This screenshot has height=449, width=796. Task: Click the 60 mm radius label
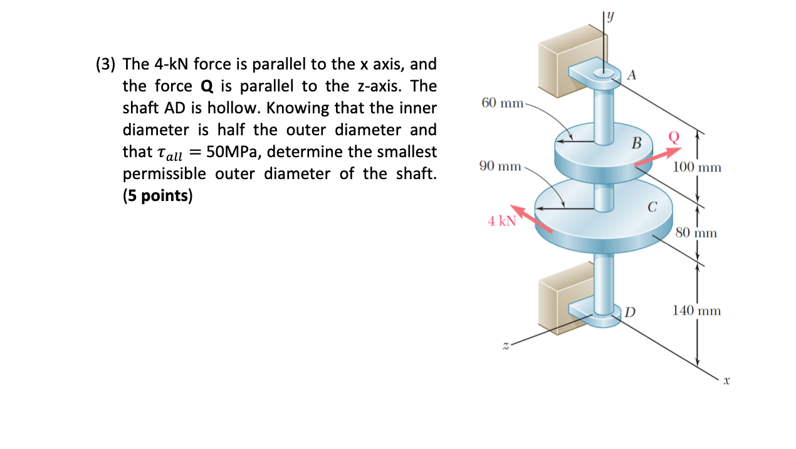pos(502,102)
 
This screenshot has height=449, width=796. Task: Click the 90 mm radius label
pos(500,166)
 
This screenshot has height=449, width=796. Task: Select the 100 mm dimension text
pos(697,167)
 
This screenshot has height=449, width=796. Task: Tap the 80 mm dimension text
pos(696,234)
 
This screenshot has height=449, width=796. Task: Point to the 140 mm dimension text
pos(697,310)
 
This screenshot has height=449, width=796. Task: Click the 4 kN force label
pos(501,220)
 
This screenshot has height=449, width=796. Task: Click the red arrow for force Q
pos(657,157)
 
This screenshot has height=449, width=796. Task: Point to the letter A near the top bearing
pos(631,76)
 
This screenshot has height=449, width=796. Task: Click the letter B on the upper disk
pos(636,143)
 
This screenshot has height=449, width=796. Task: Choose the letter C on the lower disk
pos(652,207)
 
